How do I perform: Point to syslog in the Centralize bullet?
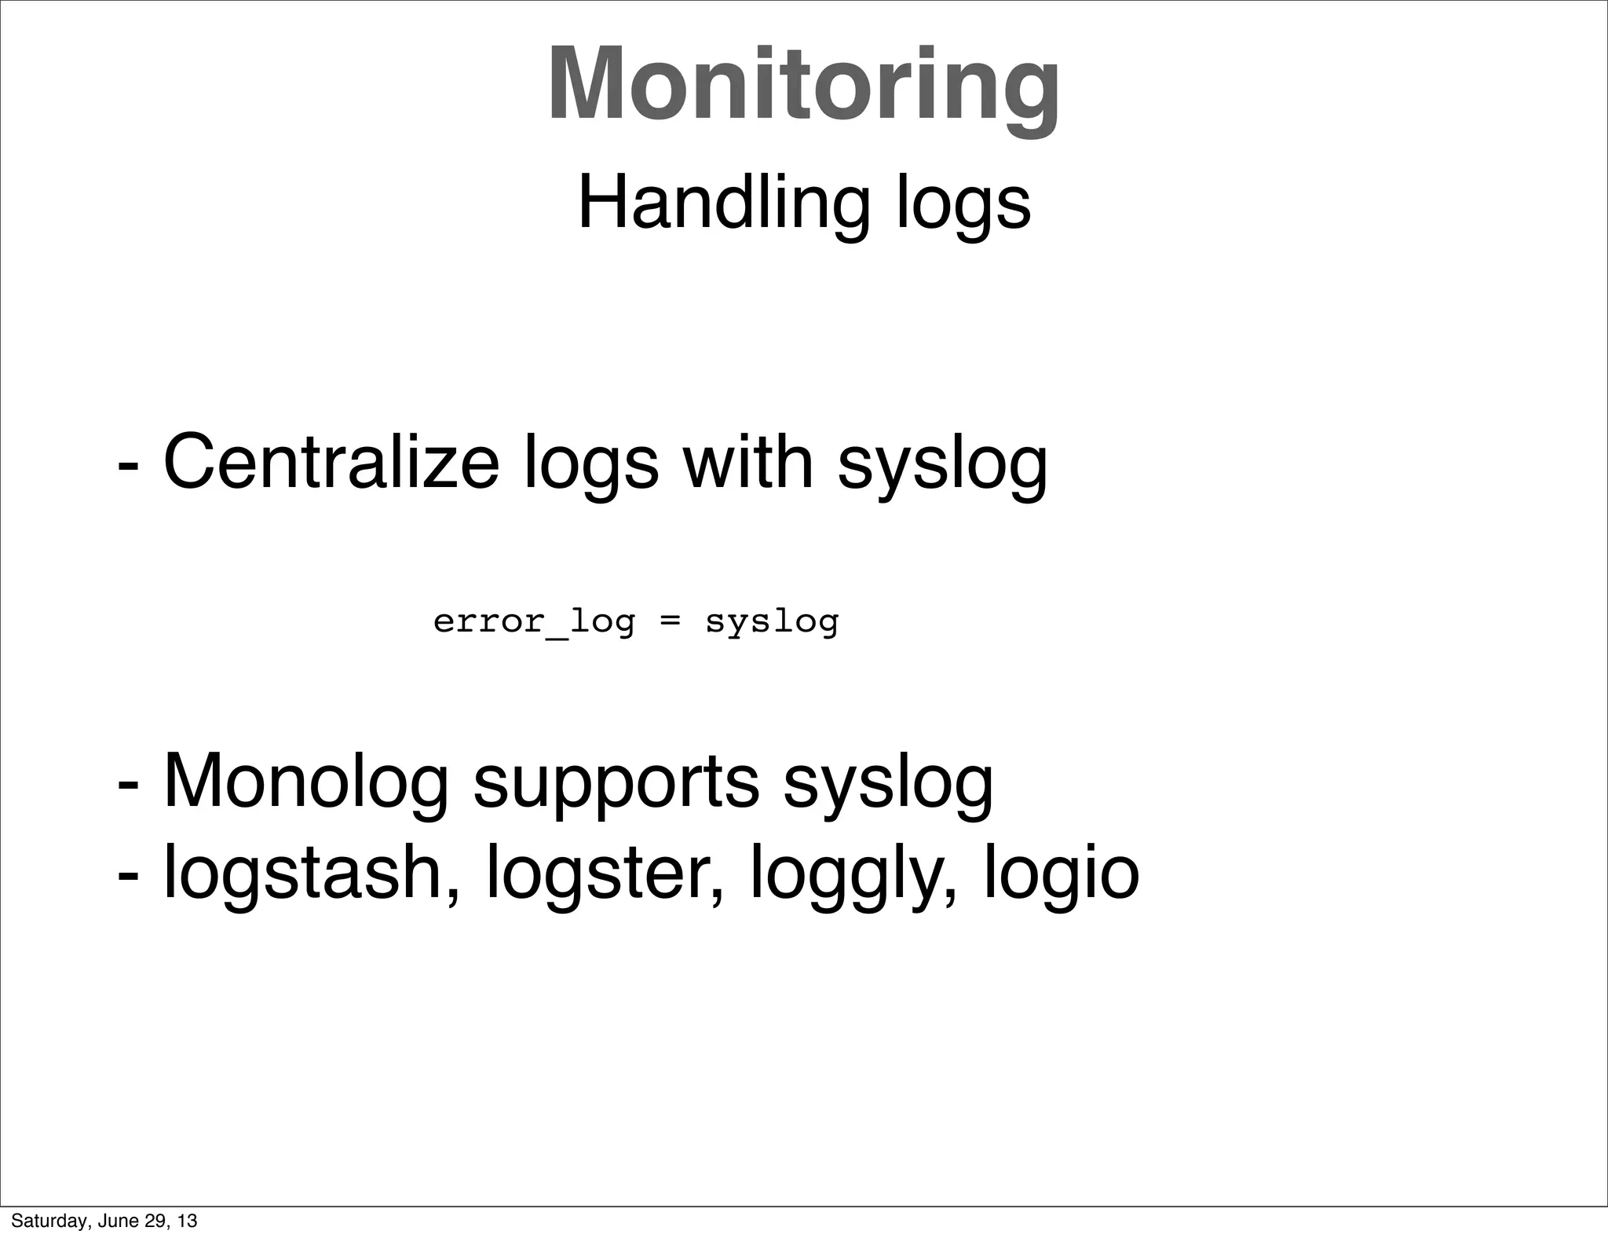coord(942,467)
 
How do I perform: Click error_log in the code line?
coord(534,622)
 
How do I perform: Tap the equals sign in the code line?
coord(670,622)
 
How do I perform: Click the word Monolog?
coord(306,782)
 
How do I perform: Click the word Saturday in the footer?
coord(43,1221)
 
